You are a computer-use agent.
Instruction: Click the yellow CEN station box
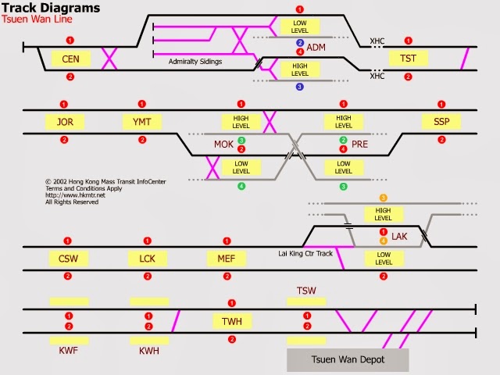click(x=70, y=59)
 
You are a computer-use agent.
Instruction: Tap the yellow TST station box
click(x=408, y=59)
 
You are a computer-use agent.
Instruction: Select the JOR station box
click(x=65, y=121)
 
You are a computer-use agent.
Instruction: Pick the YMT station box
click(x=142, y=121)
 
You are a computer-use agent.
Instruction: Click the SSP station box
click(x=441, y=121)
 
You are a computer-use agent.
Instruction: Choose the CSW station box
click(x=69, y=258)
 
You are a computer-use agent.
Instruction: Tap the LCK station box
click(x=148, y=258)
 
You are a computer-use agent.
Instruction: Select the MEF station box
click(x=227, y=258)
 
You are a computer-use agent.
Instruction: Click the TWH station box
click(x=232, y=321)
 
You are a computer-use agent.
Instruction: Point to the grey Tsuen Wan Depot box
click(x=348, y=359)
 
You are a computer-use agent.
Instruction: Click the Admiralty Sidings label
click(x=195, y=61)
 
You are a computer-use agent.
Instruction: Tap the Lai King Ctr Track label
click(x=305, y=253)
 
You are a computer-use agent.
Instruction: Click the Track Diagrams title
click(x=52, y=8)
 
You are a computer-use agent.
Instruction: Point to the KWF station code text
click(x=69, y=351)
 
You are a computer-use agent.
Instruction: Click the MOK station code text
click(x=223, y=145)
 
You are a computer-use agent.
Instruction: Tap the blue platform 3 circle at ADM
click(x=299, y=87)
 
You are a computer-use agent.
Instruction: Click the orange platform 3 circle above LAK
click(x=383, y=198)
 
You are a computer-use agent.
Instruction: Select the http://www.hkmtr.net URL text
click(x=75, y=195)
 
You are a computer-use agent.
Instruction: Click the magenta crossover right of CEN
click(x=109, y=59)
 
